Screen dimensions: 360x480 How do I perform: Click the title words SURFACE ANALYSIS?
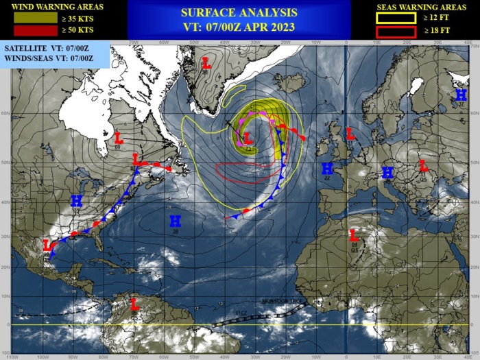coord(239,12)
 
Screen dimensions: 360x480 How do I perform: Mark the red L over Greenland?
coord(206,63)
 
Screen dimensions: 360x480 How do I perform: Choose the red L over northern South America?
coord(135,302)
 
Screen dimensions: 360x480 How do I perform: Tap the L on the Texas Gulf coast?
coord(47,245)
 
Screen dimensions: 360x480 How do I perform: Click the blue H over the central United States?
coord(77,200)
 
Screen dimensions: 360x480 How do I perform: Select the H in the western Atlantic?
coord(176,220)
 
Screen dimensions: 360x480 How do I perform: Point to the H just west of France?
coord(327,168)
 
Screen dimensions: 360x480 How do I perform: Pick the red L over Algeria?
coord(354,236)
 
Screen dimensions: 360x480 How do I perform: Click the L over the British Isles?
coord(350,133)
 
